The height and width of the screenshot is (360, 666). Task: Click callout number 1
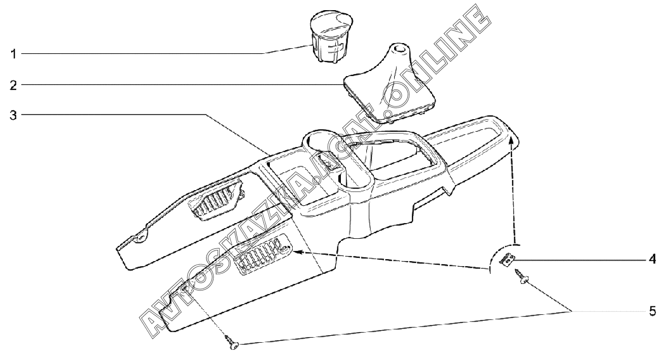[14, 53]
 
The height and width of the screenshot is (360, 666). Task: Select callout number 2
[14, 85]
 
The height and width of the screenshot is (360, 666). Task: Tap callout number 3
[14, 115]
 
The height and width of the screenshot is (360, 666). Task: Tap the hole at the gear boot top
[400, 49]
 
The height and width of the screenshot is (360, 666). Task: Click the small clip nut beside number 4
[507, 260]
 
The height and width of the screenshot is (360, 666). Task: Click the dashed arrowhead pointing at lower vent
[297, 250]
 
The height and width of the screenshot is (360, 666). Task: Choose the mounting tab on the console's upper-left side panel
[141, 235]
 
